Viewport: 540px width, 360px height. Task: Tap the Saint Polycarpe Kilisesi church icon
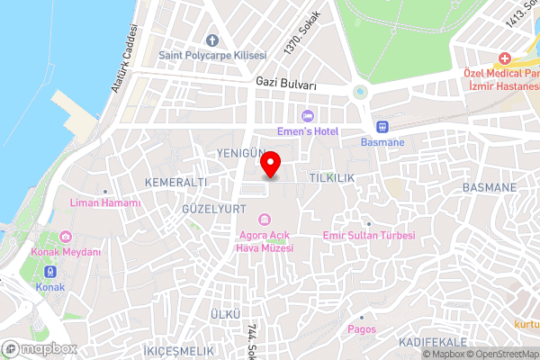click(212, 40)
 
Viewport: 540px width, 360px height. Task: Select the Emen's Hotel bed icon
click(308, 114)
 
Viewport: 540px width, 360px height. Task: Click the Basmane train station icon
click(382, 127)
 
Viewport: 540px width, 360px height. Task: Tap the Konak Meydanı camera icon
click(66, 237)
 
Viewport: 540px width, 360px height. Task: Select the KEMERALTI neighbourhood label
click(175, 182)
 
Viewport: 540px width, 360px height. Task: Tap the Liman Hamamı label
click(105, 203)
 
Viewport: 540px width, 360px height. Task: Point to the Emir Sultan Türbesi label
click(369, 236)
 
